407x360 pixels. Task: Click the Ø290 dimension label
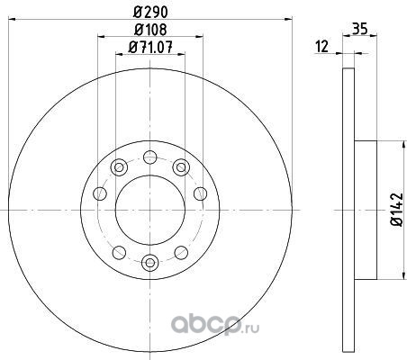pyautogui.click(x=150, y=13)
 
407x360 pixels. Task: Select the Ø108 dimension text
pyautogui.click(x=150, y=30)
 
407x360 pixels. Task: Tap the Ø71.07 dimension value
pyautogui.click(x=150, y=47)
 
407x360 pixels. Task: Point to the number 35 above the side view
pyautogui.click(x=359, y=29)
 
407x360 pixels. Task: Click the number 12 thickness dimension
pyautogui.click(x=322, y=47)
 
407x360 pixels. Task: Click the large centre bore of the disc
pyautogui.click(x=150, y=210)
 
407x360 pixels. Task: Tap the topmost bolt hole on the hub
pyautogui.click(x=150, y=157)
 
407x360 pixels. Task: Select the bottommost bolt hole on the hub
pyautogui.click(x=150, y=263)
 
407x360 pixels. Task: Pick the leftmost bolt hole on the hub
pyautogui.click(x=100, y=193)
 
